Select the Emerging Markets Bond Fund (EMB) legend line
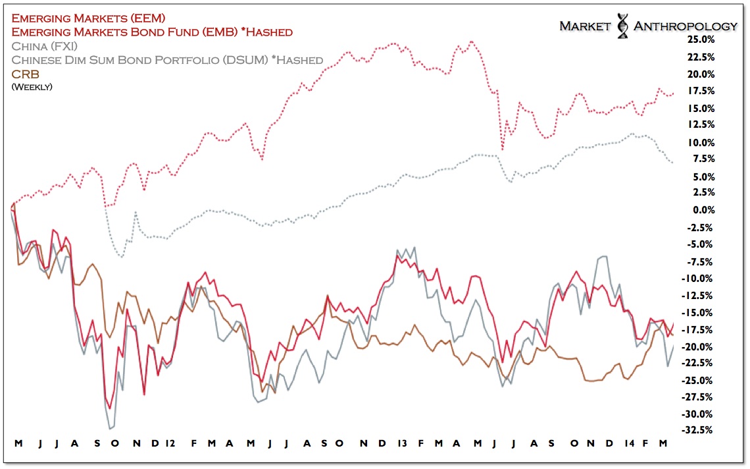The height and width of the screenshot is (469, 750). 152,32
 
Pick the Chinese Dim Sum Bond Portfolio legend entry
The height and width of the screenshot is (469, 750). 167,60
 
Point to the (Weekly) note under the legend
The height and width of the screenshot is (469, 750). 32,86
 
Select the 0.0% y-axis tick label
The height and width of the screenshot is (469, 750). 702,210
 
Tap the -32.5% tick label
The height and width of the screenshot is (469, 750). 698,430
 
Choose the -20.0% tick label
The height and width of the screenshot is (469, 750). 698,346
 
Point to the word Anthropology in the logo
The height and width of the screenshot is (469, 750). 685,26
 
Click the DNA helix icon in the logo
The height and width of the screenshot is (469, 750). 622,25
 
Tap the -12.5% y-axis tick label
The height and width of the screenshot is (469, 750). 698,295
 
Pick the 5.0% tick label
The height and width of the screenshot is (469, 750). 702,177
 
